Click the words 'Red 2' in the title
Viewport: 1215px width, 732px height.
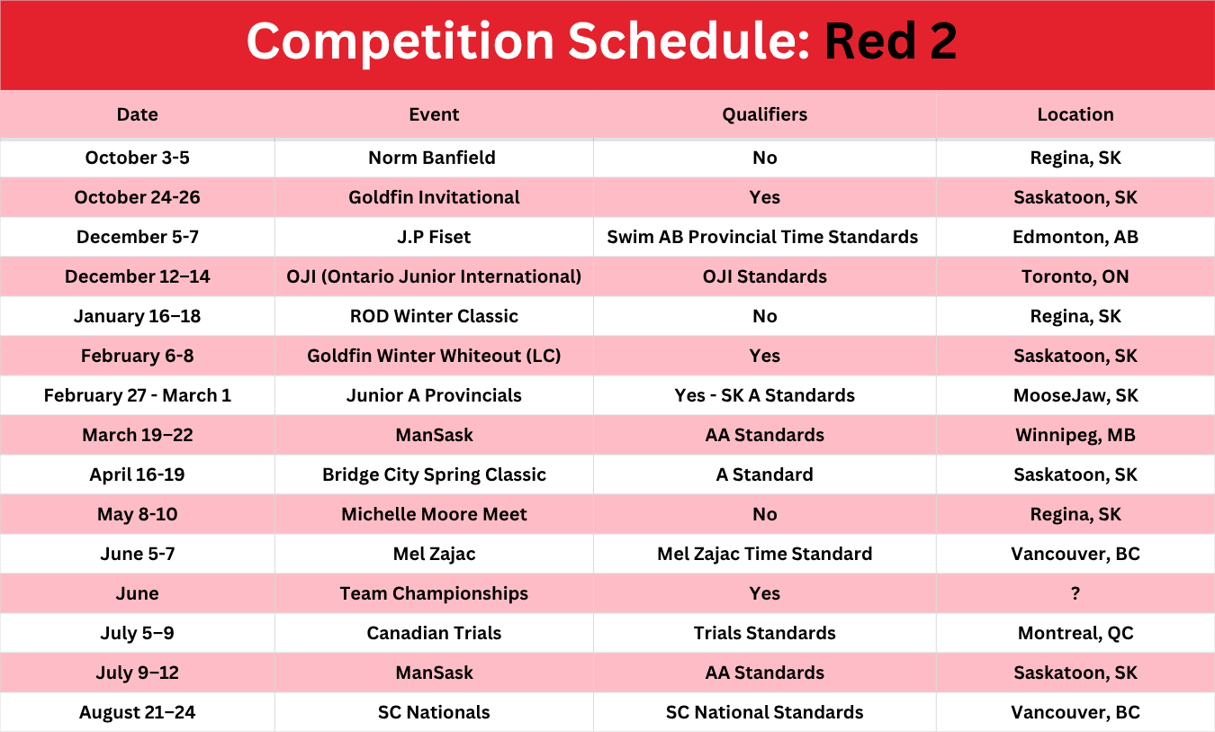click(891, 41)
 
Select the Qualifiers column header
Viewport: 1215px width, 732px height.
click(764, 114)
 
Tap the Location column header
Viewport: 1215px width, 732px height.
click(1075, 114)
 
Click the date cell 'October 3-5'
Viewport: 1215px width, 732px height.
click(137, 158)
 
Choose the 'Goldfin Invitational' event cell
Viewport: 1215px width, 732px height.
click(434, 197)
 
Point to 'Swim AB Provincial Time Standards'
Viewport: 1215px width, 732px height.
click(762, 237)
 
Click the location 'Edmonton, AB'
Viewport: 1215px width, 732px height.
click(1075, 237)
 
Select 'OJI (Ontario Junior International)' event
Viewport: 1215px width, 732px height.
click(434, 276)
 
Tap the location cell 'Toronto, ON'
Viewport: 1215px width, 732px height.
click(1075, 276)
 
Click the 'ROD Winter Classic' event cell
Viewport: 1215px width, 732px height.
click(434, 316)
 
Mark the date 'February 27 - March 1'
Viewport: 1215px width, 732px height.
click(137, 395)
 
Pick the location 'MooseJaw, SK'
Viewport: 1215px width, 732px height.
click(1075, 395)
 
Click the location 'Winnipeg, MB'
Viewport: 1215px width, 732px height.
click(1075, 435)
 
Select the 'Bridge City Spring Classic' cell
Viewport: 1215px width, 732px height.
click(434, 474)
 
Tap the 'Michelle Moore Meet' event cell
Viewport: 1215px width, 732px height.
click(434, 514)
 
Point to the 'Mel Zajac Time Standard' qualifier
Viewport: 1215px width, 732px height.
click(764, 554)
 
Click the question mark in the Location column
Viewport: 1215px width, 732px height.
click(1075, 593)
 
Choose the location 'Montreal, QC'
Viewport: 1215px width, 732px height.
click(1075, 633)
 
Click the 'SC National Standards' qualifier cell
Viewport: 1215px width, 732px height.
click(764, 712)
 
